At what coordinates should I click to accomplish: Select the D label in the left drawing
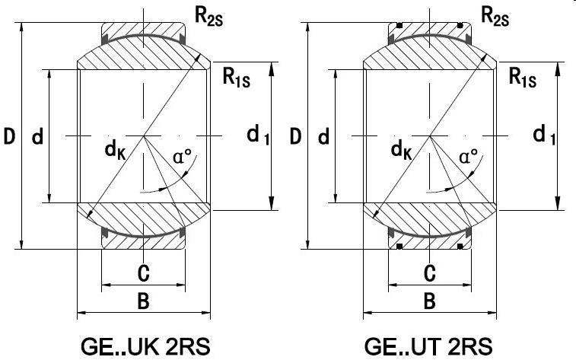point(9,137)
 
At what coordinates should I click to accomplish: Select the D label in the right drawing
point(295,137)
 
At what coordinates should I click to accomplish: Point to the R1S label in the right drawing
point(523,76)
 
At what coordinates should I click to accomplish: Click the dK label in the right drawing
point(402,151)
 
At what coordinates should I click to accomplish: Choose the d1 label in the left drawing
point(258,136)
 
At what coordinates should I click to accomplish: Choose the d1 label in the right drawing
point(544,136)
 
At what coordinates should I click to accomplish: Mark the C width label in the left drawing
point(143,272)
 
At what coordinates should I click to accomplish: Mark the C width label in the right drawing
point(429,272)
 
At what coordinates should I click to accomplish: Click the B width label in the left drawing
point(143,301)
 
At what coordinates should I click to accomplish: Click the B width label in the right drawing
point(429,301)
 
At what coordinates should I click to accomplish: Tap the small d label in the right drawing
point(323,137)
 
